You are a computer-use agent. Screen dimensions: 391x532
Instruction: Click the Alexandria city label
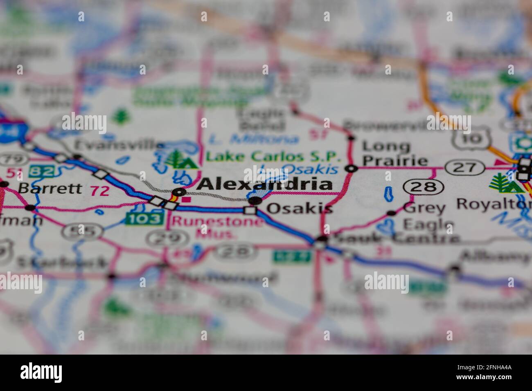click(264, 184)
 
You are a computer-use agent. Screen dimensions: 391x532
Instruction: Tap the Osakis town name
click(299, 209)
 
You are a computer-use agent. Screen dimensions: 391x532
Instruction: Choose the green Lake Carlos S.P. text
click(273, 156)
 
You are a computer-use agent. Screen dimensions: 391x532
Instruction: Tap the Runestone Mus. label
click(217, 227)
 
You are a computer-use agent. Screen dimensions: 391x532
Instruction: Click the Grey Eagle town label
click(428, 216)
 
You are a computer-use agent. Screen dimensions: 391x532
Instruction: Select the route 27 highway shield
click(465, 167)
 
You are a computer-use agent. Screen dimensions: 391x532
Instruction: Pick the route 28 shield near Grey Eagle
click(424, 187)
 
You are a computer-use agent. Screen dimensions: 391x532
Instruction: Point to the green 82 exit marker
click(43, 171)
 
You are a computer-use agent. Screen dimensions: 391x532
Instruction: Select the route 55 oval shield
click(82, 231)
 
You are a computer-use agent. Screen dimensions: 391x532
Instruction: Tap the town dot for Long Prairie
click(351, 168)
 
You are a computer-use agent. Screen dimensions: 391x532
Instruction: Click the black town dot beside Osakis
click(255, 200)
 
